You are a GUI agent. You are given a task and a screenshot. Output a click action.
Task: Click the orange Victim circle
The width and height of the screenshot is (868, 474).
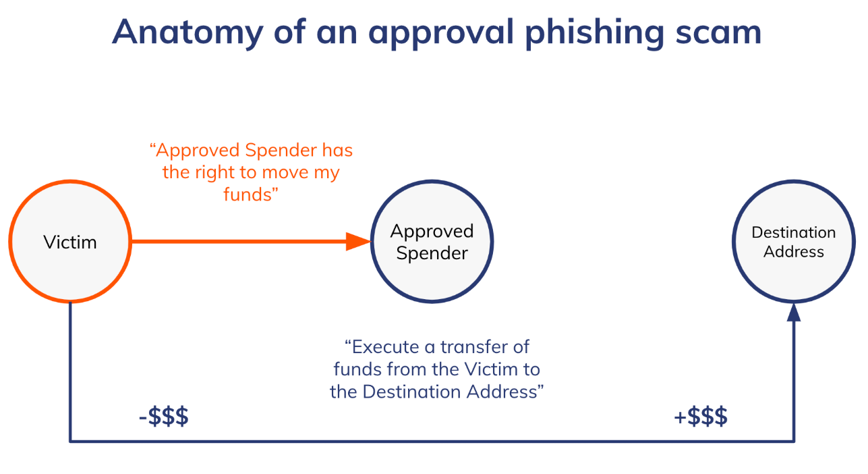(70, 242)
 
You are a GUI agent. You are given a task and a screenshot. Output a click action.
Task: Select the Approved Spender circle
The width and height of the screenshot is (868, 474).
(432, 242)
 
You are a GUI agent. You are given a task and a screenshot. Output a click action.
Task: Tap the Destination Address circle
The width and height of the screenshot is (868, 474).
(793, 242)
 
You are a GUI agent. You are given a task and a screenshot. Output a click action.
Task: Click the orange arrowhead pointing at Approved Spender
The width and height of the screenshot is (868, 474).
(359, 241)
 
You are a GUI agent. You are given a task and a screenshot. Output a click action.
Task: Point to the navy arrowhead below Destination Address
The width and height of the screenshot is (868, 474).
(794, 313)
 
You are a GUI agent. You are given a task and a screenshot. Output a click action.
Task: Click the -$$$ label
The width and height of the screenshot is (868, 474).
(163, 417)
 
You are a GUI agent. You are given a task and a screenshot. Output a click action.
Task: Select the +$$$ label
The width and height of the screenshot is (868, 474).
(701, 417)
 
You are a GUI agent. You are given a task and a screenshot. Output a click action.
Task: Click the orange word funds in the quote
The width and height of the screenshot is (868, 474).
(248, 195)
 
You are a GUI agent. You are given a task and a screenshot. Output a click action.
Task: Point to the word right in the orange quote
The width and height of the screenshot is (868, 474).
(214, 172)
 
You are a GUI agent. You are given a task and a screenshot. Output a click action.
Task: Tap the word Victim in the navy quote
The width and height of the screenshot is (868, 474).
(487, 369)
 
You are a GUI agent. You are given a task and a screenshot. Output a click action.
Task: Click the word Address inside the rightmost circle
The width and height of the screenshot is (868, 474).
(794, 252)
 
